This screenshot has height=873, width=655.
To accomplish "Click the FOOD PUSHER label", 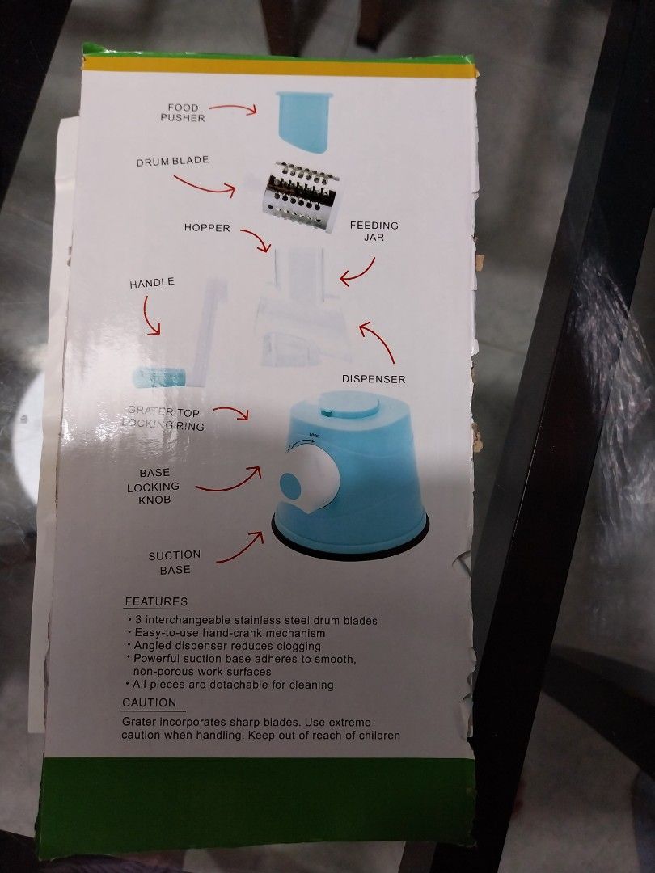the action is point(183,112).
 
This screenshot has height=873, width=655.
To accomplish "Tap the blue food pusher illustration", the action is point(304,122).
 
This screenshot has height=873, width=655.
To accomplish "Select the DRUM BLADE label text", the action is point(173,162).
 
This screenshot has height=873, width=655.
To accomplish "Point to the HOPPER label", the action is point(207,228).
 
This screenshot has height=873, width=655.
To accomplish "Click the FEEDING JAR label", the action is point(374,231).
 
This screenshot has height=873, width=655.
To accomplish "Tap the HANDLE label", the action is point(152,283).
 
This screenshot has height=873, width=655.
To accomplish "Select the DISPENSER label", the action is point(374,379).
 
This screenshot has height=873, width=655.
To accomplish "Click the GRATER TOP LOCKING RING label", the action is point(163,418).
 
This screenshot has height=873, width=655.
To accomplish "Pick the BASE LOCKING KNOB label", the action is point(154,486).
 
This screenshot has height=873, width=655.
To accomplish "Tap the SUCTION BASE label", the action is point(175,563).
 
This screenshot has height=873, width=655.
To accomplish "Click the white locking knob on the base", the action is point(315,482).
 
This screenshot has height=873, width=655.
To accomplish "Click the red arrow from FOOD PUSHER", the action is point(233,108).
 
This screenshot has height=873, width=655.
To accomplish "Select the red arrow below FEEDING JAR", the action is point(358,273).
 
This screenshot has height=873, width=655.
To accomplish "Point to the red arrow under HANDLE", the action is point(150,316).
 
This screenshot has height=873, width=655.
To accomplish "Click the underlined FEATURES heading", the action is point(156,602).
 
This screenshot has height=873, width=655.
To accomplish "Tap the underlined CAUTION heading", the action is point(150,702).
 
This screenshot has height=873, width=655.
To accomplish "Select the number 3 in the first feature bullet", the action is point(138,620).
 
